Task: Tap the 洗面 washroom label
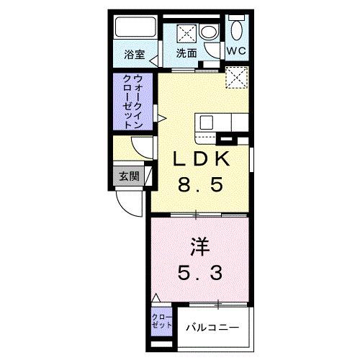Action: coord(188,53)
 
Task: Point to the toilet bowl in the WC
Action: coord(236,31)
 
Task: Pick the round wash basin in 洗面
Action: coord(210,32)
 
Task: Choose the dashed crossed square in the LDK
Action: coord(235,77)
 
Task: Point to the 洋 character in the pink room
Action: coord(199,247)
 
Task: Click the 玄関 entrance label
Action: coord(129,177)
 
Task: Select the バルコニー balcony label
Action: coord(214,328)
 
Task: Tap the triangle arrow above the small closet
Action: coord(156,297)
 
